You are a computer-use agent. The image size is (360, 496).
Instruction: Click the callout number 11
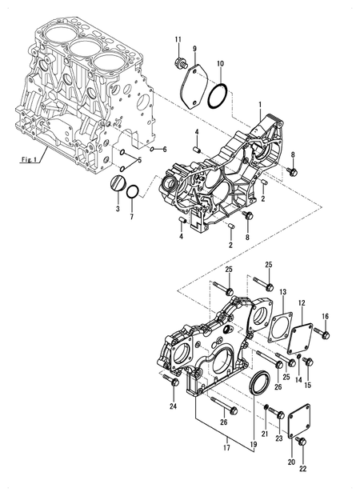click(x=178, y=39)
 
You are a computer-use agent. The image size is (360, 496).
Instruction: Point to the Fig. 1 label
click(x=30, y=160)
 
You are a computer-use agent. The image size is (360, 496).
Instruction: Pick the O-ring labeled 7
click(x=136, y=192)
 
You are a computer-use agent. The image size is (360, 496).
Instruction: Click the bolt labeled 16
click(x=325, y=334)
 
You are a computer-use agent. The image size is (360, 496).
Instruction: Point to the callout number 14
click(x=299, y=382)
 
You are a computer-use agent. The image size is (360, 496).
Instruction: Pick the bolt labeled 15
click(x=309, y=362)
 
